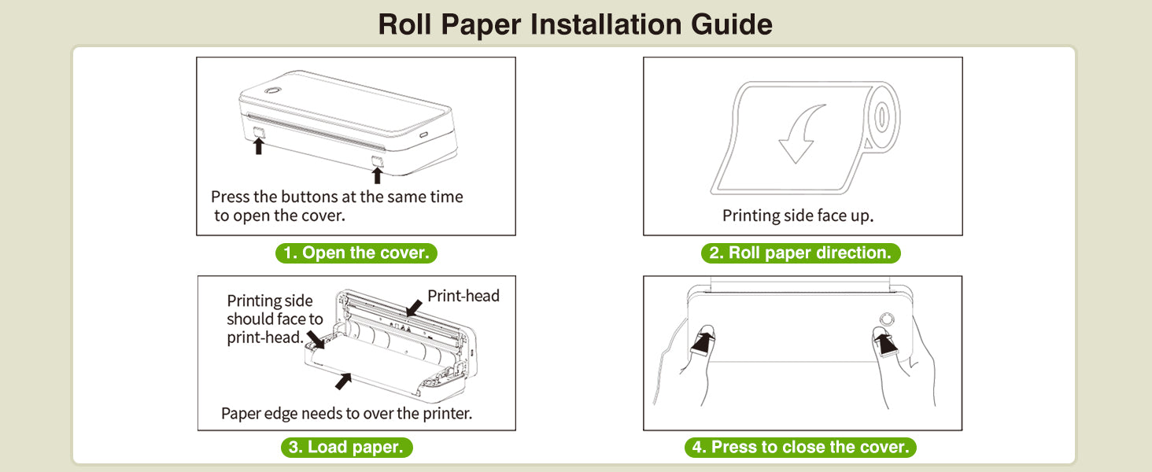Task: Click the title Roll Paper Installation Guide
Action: tap(575, 24)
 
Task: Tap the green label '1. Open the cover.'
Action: tap(356, 253)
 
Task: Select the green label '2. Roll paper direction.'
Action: tap(800, 253)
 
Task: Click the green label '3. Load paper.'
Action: tap(346, 448)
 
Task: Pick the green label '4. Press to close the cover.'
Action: tap(800, 448)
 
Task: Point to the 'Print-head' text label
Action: tap(463, 296)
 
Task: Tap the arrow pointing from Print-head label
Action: tap(413, 308)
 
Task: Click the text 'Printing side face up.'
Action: tap(798, 215)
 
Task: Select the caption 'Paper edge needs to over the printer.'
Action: tap(346, 413)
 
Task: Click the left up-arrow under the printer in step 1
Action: tap(258, 146)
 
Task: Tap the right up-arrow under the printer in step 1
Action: tap(377, 173)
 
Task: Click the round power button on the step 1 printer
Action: tap(271, 90)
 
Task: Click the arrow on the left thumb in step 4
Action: tap(703, 341)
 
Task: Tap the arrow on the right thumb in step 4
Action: tap(887, 342)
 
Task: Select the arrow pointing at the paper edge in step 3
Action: tap(343, 381)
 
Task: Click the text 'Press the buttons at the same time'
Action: tap(337, 197)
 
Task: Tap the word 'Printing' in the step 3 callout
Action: tap(253, 301)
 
